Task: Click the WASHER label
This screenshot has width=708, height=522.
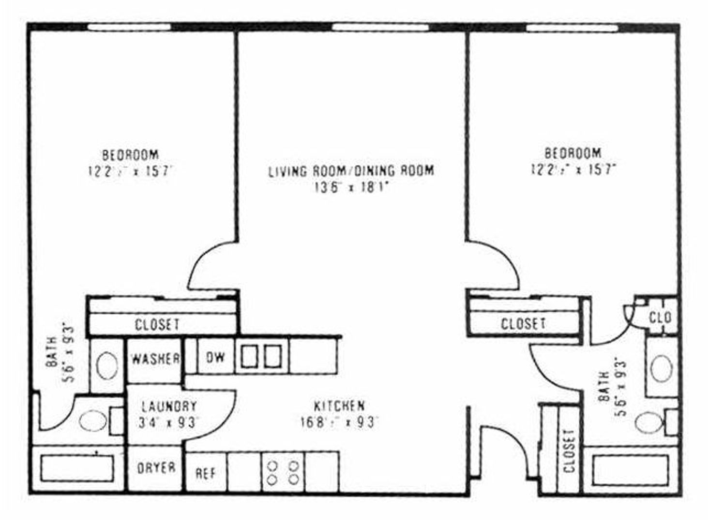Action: coord(155,359)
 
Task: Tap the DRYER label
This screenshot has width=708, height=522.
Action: coord(156,468)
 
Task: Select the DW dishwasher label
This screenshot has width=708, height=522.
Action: coord(215,357)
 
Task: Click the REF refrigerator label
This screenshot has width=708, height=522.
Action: coord(206,473)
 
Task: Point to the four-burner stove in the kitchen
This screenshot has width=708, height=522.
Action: coord(283,472)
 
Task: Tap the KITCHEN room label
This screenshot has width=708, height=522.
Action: coord(339,406)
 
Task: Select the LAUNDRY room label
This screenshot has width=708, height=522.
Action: coord(169,406)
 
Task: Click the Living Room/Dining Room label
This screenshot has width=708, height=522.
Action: coord(351,171)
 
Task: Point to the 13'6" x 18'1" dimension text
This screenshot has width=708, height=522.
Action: coord(351,187)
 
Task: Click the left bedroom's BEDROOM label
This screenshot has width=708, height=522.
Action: coord(130,155)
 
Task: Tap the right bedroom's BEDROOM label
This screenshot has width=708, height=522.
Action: coord(573,153)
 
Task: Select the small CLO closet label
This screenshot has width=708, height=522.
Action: coord(660,318)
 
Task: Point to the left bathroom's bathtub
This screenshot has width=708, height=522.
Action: coord(77,468)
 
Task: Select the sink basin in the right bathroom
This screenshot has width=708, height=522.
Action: coord(661,369)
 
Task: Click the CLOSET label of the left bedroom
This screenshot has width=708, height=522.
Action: coord(157,324)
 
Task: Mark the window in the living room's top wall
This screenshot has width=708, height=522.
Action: coord(380,27)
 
